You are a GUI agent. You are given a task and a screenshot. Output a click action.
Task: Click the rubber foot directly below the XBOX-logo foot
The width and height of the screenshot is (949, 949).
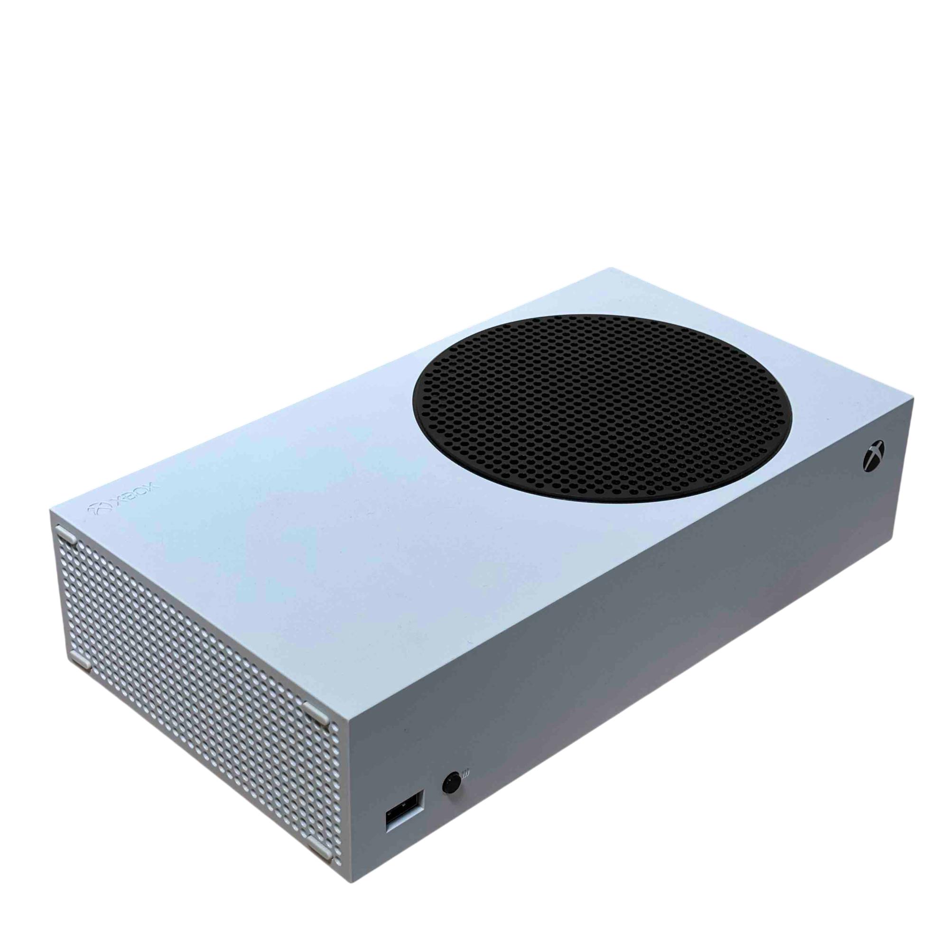(80, 661)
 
